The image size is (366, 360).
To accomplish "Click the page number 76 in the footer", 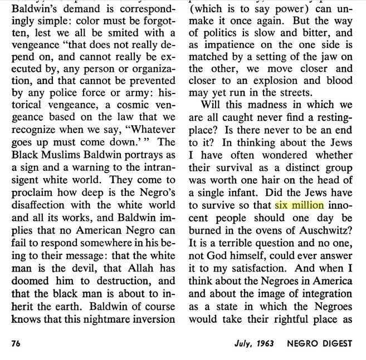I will coord(17,343).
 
